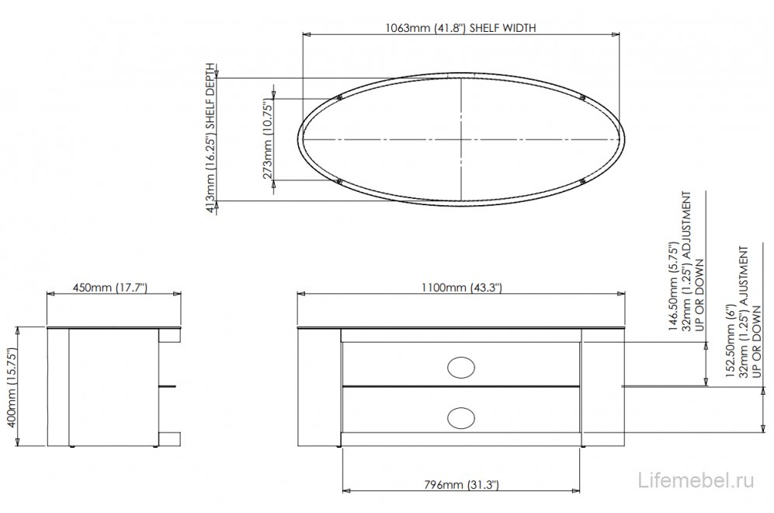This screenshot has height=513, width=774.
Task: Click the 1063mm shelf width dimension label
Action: tap(461, 27)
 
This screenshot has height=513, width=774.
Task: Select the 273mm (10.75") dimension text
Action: tap(268, 138)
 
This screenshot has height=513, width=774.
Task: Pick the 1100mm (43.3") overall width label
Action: tap(463, 288)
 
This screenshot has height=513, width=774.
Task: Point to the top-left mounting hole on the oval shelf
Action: tap(340, 97)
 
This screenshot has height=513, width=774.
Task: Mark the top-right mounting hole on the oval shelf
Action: tap(582, 97)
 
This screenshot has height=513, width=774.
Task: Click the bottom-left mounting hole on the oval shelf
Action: tap(340, 182)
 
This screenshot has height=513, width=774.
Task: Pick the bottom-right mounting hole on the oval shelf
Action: tap(582, 182)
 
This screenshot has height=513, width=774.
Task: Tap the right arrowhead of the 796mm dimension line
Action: tap(578, 491)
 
